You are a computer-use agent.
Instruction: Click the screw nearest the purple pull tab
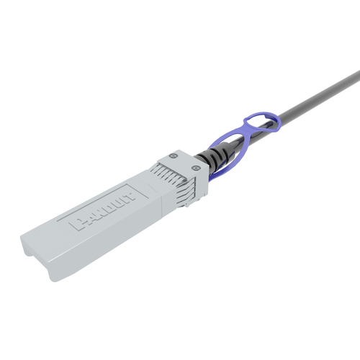pos(195,168)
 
